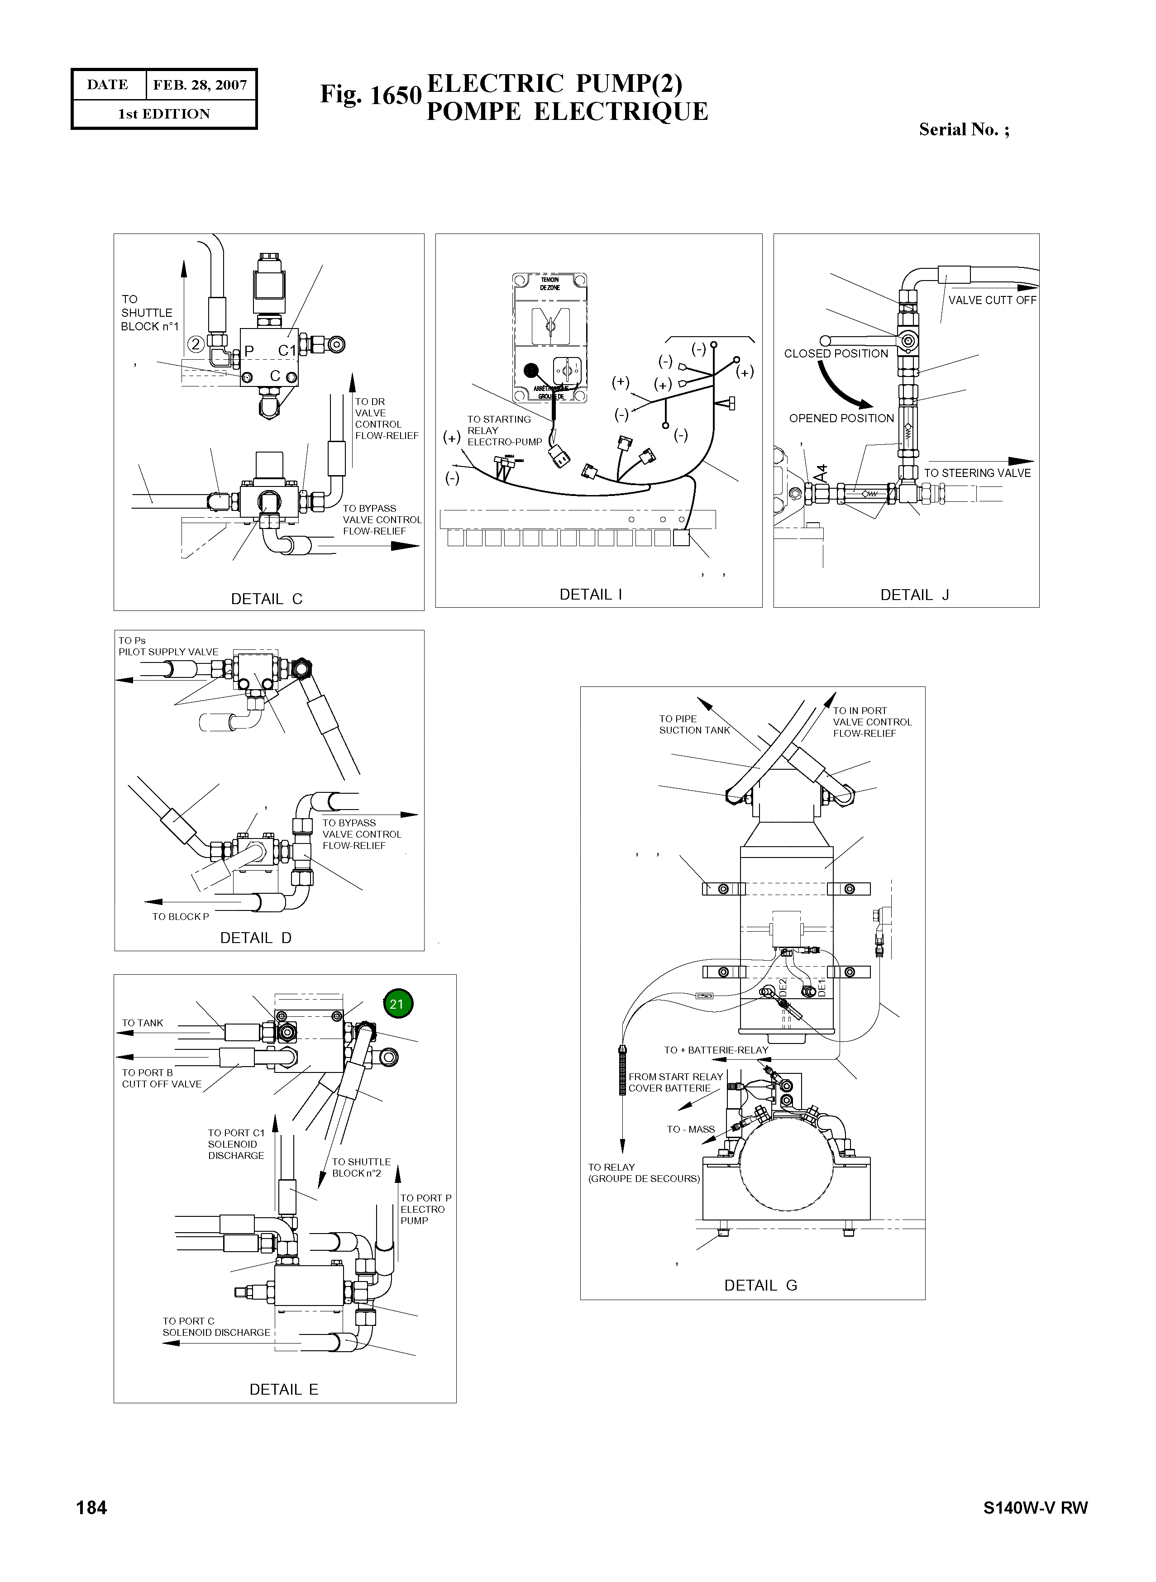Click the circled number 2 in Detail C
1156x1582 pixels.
[196, 344]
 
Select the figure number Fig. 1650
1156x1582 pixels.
[371, 95]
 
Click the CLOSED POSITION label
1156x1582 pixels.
[836, 353]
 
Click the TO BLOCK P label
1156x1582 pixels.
[181, 917]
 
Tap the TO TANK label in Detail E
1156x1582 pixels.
[143, 1023]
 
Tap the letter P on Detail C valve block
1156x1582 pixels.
[248, 351]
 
